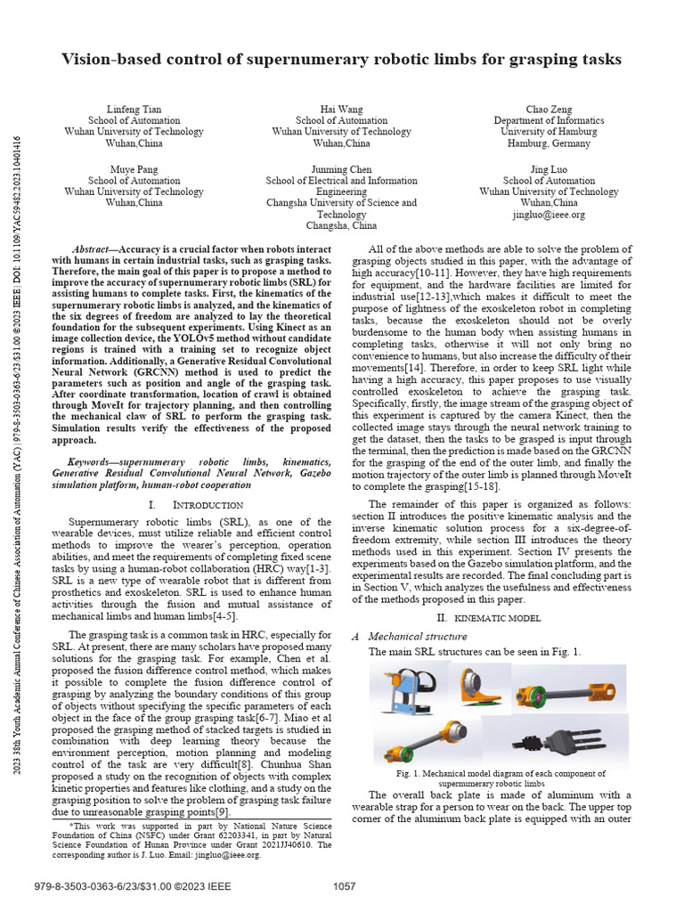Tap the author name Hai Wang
(341, 109)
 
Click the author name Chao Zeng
(549, 109)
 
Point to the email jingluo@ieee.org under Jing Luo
(549, 215)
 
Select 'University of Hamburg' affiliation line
(549, 132)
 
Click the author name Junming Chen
(341, 168)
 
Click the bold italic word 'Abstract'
(93, 251)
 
